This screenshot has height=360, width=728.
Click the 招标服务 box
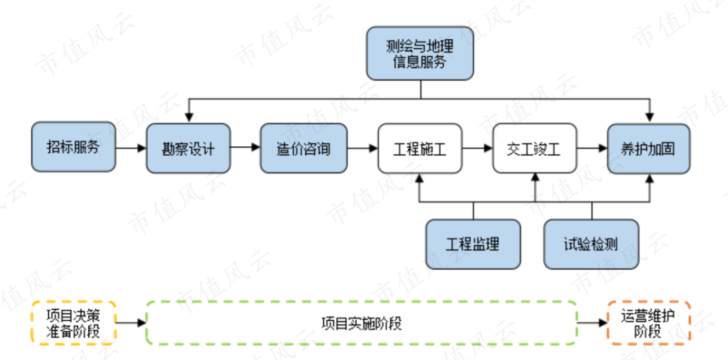coord(73,147)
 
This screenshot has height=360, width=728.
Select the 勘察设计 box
coord(188,148)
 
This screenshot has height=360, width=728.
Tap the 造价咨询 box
coord(303,148)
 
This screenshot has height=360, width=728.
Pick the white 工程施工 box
coord(419,148)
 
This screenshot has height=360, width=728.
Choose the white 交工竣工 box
coord(535,148)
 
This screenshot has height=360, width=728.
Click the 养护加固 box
coord(649,148)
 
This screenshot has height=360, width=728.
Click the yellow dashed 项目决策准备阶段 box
coord(73,323)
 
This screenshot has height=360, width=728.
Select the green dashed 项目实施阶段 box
coord(361,323)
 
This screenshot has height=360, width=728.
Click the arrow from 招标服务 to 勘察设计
coord(131,148)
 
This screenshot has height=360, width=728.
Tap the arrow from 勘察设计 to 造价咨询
coord(245,148)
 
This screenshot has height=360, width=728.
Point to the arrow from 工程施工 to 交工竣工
coord(477,148)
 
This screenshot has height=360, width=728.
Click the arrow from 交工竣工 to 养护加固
coord(592,148)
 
